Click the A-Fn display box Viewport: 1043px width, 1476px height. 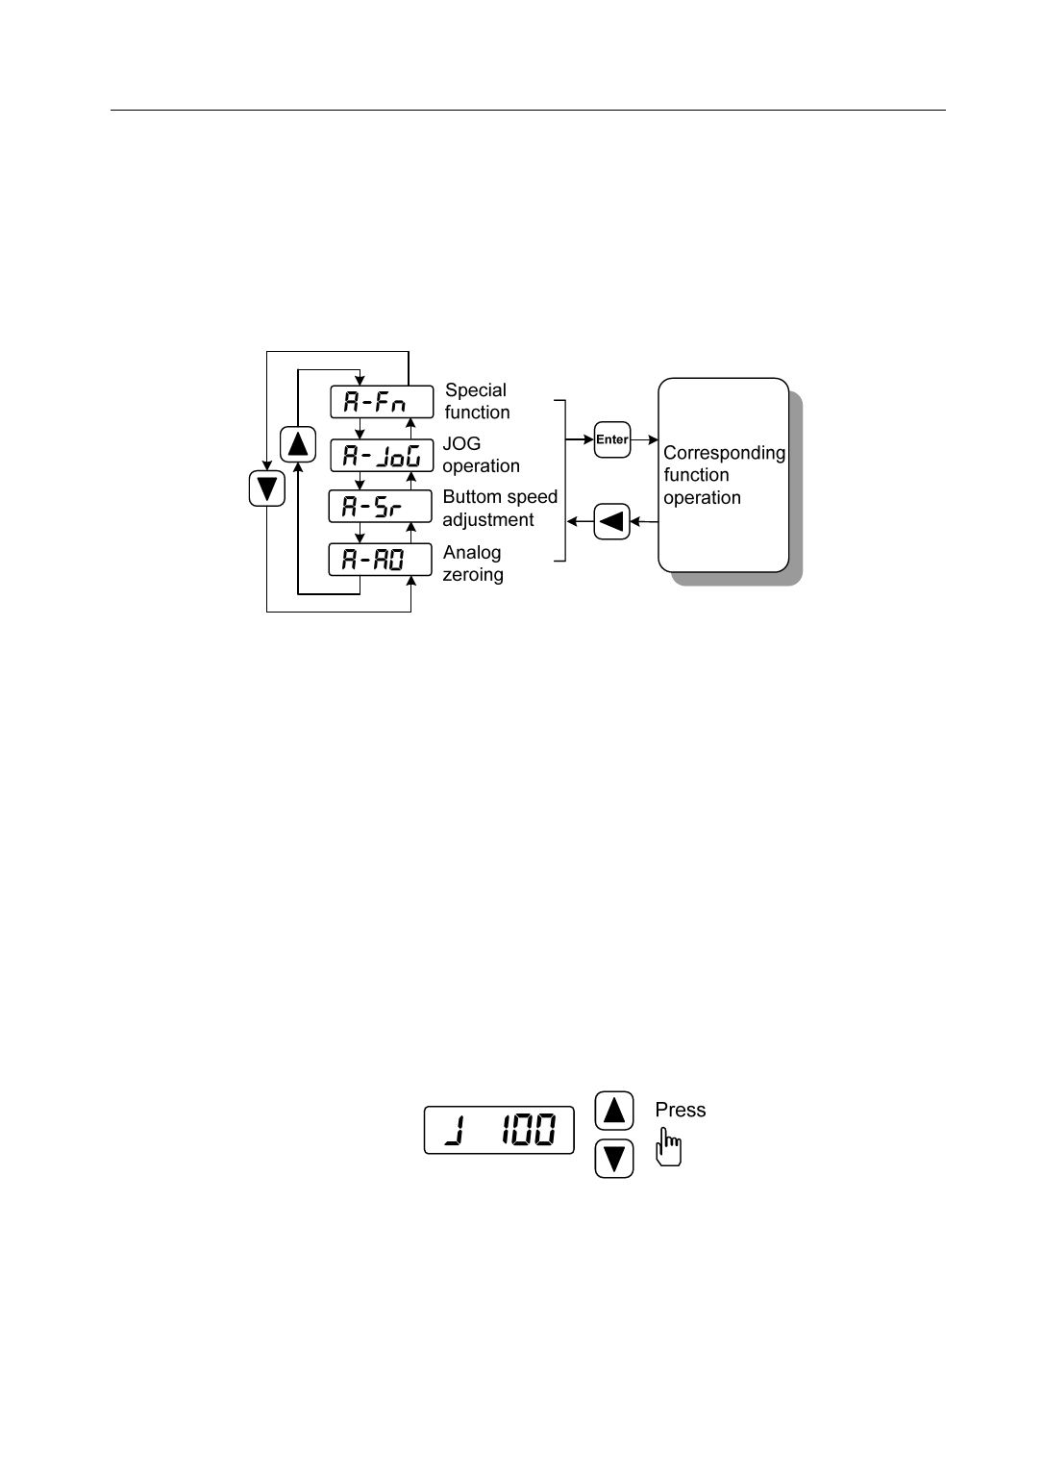[381, 402]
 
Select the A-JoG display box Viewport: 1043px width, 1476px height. [381, 455]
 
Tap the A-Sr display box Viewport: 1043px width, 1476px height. [381, 507]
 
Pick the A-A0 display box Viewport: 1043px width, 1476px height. [381, 560]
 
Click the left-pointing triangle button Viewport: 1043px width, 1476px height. [612, 522]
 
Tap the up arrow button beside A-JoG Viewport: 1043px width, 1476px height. [298, 444]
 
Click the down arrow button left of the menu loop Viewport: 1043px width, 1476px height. [267, 488]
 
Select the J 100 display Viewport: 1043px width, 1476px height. [499, 1130]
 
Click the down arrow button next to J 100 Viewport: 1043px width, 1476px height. [614, 1158]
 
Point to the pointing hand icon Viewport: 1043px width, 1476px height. [670, 1147]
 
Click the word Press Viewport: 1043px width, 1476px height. [681, 1110]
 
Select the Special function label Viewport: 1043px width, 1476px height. [477, 401]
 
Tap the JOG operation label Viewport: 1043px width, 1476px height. [481, 455]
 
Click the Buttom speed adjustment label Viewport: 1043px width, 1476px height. [500, 508]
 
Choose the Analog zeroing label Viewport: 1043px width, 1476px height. [472, 563]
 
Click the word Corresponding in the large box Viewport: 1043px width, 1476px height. [724, 452]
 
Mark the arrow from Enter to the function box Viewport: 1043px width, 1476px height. [644, 439]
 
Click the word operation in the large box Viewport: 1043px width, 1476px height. [702, 498]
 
